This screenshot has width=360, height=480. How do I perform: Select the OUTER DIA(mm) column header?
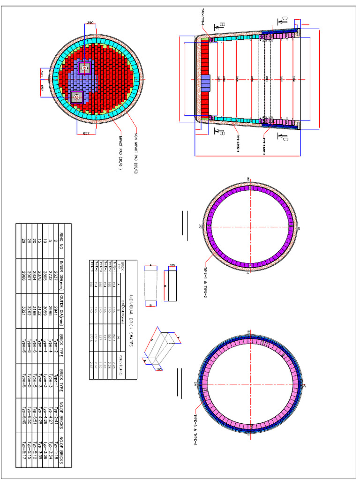60,310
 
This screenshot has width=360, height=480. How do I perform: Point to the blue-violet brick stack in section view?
206,82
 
